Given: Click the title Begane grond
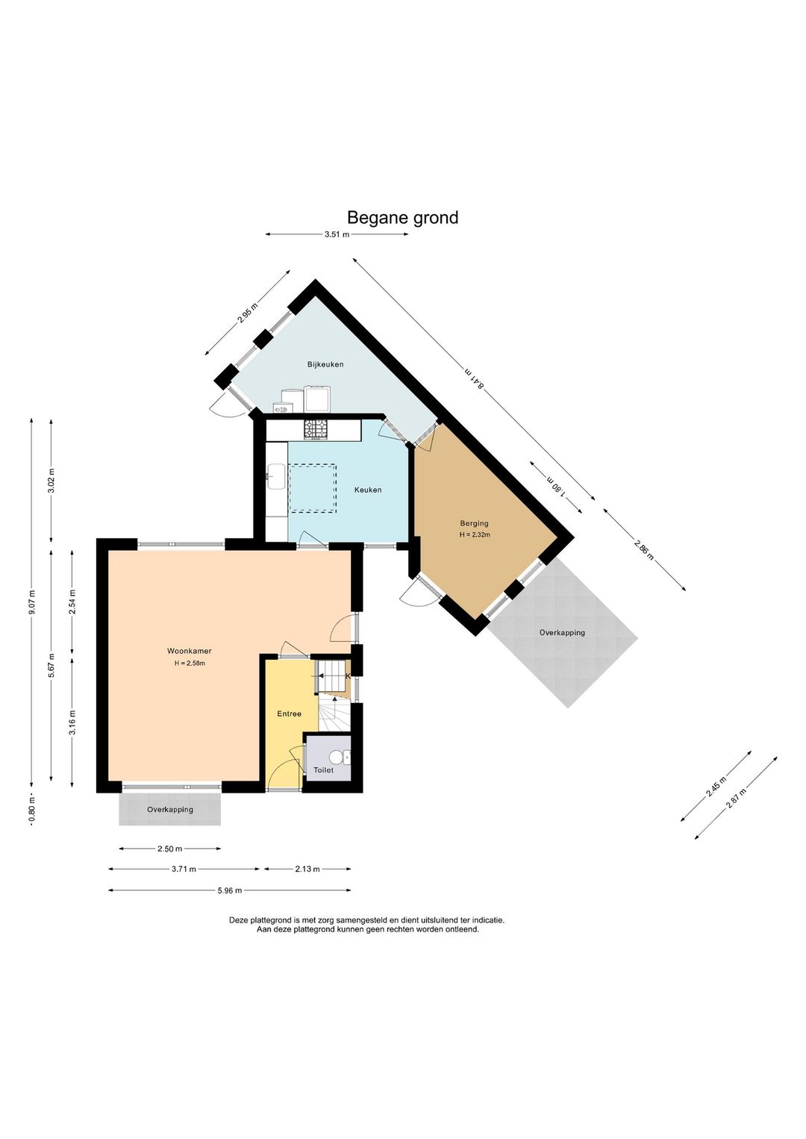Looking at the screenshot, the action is (x=402, y=218).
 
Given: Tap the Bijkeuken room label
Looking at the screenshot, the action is (x=325, y=364).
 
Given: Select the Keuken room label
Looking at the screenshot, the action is (x=368, y=490).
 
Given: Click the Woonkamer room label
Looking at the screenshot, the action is (x=189, y=651).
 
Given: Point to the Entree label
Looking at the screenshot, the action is (x=290, y=714).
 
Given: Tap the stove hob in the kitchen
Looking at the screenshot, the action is (x=316, y=429).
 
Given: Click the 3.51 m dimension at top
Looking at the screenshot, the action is (x=337, y=234).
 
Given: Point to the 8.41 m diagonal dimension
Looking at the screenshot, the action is (x=474, y=379).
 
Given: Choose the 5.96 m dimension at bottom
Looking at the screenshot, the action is (x=230, y=890).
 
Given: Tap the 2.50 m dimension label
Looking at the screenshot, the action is (x=170, y=849).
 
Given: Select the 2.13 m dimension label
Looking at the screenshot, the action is (x=307, y=869).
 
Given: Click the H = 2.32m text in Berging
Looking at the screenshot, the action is (x=475, y=534).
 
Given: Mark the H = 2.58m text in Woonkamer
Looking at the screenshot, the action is (x=189, y=663).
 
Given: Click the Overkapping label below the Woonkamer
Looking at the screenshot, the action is (x=170, y=810).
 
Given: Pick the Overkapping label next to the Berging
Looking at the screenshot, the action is (x=562, y=632).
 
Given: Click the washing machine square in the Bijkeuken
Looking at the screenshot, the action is (x=318, y=399).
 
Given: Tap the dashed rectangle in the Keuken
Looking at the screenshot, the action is (x=312, y=487).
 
